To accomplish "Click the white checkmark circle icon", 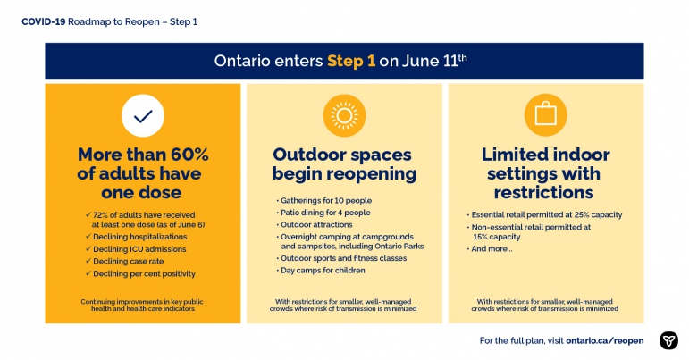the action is (143, 115).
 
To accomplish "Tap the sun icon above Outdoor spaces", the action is (344, 115).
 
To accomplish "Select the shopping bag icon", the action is (545, 114).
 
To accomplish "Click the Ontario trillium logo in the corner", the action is (668, 340).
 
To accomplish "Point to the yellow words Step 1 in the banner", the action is (351, 61).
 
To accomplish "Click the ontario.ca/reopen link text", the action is (605, 340).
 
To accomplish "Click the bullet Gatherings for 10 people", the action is (323, 201).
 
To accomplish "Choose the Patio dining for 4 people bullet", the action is (323, 213).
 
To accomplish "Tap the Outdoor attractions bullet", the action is (315, 225).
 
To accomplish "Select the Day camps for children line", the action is (320, 271).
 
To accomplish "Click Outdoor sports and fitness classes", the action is (341, 258).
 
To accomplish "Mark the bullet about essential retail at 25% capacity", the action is (544, 214).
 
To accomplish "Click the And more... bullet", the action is (490, 249).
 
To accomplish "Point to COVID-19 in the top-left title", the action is (44, 21).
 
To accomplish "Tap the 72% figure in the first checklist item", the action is (100, 215).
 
